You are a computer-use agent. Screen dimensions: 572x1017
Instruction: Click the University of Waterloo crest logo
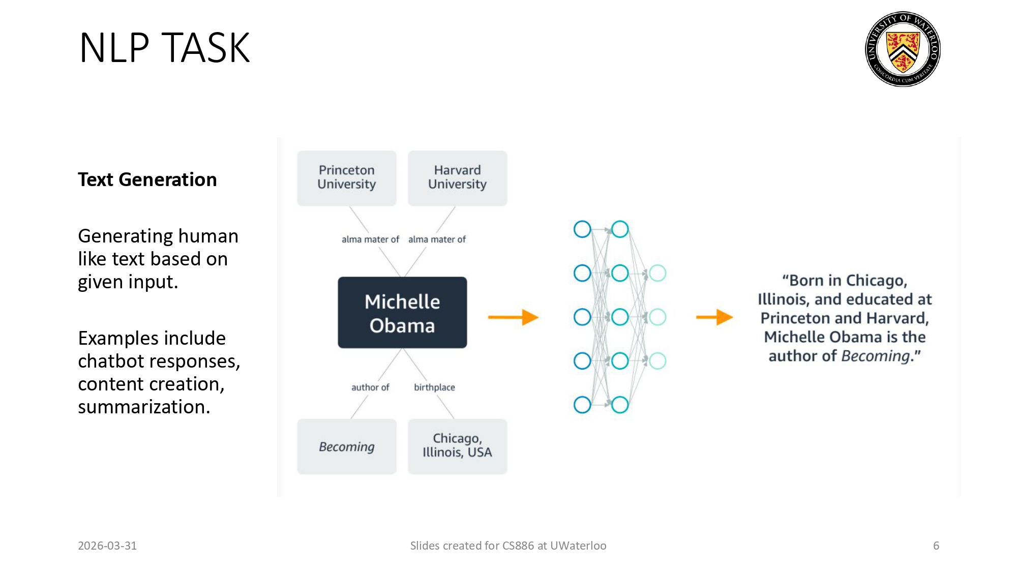pyautogui.click(x=903, y=49)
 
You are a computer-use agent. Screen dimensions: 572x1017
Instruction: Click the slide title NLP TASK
pyautogui.click(x=164, y=48)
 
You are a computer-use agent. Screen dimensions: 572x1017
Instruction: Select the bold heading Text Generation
pyautogui.click(x=147, y=179)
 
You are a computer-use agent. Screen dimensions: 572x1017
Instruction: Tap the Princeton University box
pyautogui.click(x=347, y=178)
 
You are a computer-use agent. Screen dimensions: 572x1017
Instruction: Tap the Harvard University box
pyautogui.click(x=457, y=178)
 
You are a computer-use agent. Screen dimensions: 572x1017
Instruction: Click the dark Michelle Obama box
pyautogui.click(x=402, y=313)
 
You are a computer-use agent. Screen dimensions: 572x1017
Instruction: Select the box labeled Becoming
pyautogui.click(x=347, y=446)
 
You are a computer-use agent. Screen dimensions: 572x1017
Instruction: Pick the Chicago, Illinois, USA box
pyautogui.click(x=457, y=446)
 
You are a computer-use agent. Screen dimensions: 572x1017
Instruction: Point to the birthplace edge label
pyautogui.click(x=434, y=387)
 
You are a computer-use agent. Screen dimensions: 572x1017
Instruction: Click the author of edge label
pyautogui.click(x=370, y=387)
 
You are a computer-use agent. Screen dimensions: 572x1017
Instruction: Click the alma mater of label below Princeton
pyautogui.click(x=370, y=239)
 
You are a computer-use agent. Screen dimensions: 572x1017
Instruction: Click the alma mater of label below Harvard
pyautogui.click(x=437, y=239)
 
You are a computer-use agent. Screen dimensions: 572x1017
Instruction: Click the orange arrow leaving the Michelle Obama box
pyautogui.click(x=513, y=317)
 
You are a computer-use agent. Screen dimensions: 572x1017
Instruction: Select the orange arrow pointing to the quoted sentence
pyautogui.click(x=714, y=317)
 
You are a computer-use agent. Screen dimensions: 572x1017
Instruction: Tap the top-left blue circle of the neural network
pyautogui.click(x=582, y=229)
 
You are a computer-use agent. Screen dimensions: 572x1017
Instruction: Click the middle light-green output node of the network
pyautogui.click(x=657, y=317)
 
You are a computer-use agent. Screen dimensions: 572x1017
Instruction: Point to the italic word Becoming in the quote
pyautogui.click(x=875, y=356)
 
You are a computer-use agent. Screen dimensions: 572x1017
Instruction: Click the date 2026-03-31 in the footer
pyautogui.click(x=107, y=546)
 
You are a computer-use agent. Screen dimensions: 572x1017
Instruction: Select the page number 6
pyautogui.click(x=936, y=546)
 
